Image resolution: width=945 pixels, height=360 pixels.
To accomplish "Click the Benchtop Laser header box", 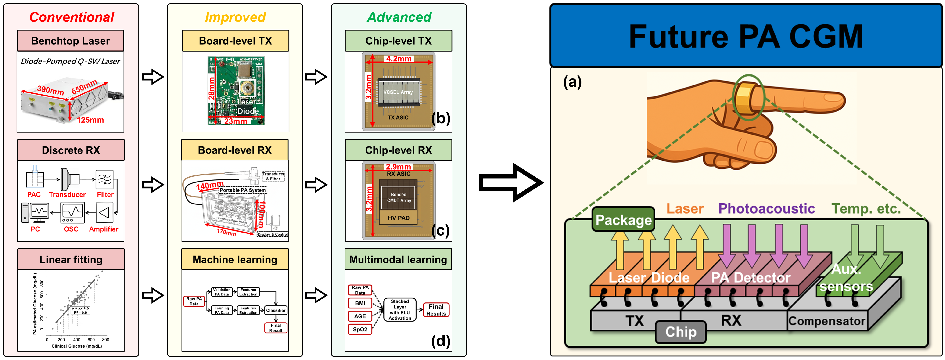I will tap(71, 41).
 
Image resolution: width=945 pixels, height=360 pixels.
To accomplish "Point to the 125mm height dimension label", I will tap(90, 120).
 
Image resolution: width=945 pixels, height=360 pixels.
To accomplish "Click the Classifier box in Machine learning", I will tap(275, 310).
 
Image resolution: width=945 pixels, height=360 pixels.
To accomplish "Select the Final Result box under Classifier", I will tap(275, 328).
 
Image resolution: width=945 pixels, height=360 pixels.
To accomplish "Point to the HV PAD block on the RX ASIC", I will tap(398, 218).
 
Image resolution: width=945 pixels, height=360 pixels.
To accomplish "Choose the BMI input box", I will tap(360, 303).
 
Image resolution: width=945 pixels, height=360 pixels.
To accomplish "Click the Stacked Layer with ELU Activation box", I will tap(400, 310).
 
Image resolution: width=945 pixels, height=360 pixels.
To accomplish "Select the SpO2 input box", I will tap(360, 329).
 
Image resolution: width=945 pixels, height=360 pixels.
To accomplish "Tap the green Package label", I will tap(623, 220).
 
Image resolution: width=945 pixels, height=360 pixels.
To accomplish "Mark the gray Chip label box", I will tap(681, 332).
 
